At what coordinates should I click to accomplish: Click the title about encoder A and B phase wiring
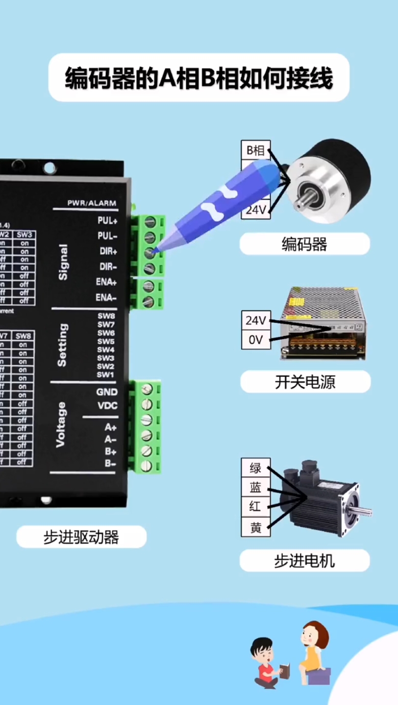(x=199, y=78)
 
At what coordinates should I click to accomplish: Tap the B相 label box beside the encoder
(x=255, y=150)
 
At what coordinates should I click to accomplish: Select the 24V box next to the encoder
(x=255, y=210)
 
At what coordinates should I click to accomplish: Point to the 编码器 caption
(x=304, y=244)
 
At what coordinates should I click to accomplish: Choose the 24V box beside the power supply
(x=255, y=321)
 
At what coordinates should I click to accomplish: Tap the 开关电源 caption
(x=305, y=382)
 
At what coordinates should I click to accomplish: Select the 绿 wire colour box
(x=255, y=469)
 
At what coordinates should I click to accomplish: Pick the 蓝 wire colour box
(x=255, y=488)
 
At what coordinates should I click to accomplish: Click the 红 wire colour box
(x=255, y=507)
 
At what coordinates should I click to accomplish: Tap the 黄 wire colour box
(x=255, y=528)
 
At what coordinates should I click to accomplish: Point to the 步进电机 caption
(x=304, y=561)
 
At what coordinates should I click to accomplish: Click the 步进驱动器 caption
(x=81, y=537)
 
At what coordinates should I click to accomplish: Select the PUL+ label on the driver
(x=107, y=221)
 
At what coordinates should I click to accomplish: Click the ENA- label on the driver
(x=106, y=298)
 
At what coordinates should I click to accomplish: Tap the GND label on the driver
(x=107, y=392)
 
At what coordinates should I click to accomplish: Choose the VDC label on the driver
(x=107, y=406)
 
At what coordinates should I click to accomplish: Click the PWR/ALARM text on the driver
(x=92, y=203)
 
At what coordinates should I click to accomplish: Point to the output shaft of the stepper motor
(x=365, y=512)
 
